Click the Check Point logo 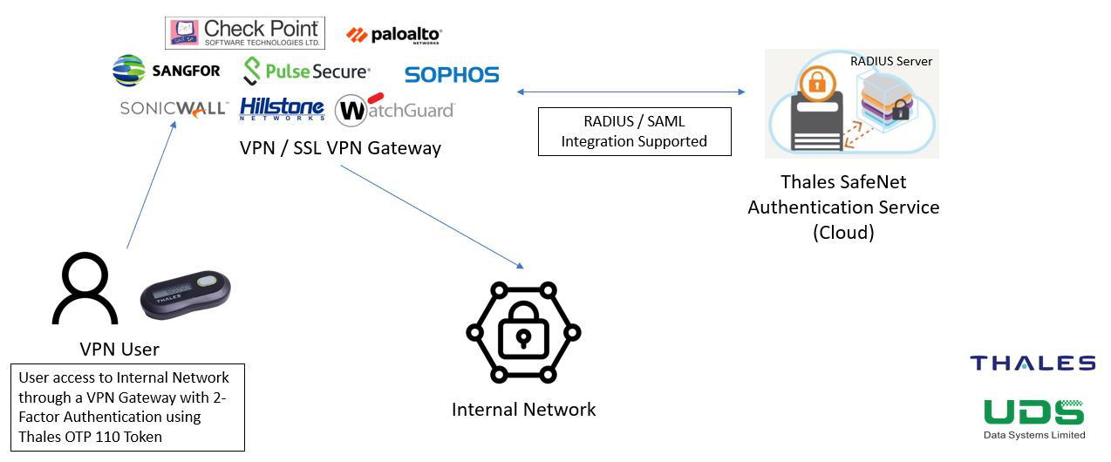point(245,32)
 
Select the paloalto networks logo point(394,35)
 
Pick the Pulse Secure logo point(306,71)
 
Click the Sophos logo point(452,75)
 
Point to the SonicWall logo point(174,109)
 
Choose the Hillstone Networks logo point(282,109)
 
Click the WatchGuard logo point(395,109)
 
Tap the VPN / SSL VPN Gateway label point(340,147)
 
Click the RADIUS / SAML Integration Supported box point(634,132)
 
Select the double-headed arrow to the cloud point(631,92)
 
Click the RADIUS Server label point(891,61)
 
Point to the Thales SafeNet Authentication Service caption point(842,207)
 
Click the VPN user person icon point(85,289)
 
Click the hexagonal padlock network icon point(523,332)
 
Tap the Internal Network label point(523,409)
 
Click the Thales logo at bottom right point(1033,363)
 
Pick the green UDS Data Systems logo point(1034,418)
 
